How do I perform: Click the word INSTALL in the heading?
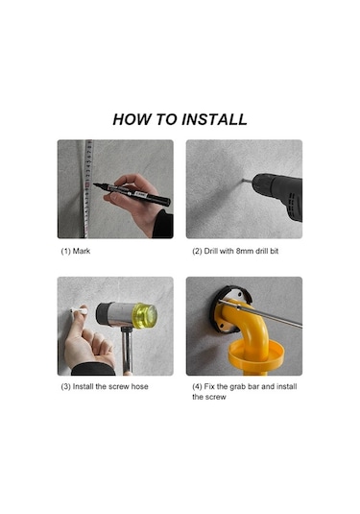[214, 119]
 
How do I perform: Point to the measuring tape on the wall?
[87, 188]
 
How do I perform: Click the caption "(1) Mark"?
[75, 251]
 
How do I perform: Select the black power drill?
[278, 195]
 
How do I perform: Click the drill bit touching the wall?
[248, 181]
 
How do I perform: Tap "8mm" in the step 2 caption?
[244, 251]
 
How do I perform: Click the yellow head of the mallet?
[144, 315]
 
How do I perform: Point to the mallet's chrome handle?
[127, 351]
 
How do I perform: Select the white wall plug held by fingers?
[80, 310]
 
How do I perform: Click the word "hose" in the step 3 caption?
[139, 386]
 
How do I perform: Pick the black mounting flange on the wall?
[229, 309]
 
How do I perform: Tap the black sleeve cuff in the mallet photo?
[93, 369]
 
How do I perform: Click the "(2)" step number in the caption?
[197, 251]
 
